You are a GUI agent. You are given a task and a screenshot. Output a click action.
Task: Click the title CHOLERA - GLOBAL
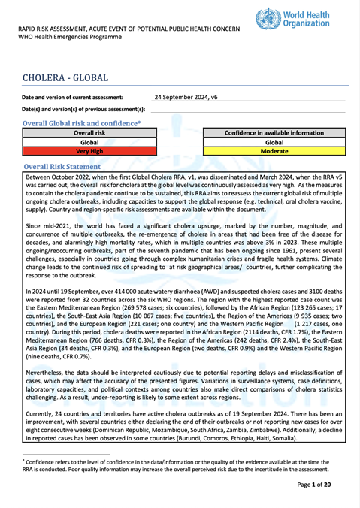pyautogui.click(x=66, y=78)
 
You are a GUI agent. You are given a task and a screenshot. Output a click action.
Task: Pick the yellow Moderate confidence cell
pyautogui.click(x=274, y=151)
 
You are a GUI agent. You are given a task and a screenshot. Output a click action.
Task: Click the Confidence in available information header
pyautogui.click(x=274, y=132)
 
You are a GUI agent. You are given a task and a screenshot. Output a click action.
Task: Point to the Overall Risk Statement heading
pyautogui.click(x=73, y=166)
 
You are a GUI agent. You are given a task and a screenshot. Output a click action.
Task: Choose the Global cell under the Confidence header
pyautogui.click(x=274, y=142)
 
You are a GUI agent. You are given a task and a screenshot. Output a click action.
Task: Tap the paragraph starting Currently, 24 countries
pyautogui.click(x=180, y=428)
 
